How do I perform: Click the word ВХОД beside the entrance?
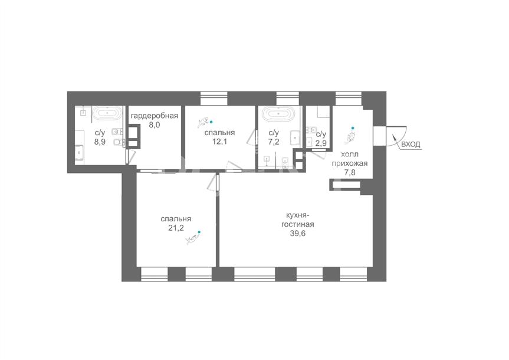(x=411, y=144)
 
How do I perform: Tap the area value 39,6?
(x=298, y=233)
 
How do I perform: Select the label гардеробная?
(x=154, y=116)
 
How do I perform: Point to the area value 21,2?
(x=176, y=228)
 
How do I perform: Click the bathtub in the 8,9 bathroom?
(x=107, y=113)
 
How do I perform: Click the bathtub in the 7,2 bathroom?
(x=278, y=113)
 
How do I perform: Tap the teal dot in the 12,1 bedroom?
(x=211, y=122)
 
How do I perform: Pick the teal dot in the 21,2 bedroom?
(x=199, y=232)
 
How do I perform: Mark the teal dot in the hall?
(x=353, y=128)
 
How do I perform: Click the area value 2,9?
(x=321, y=143)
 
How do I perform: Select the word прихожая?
(x=350, y=163)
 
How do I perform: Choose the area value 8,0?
(x=154, y=125)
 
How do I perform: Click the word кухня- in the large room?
(x=297, y=215)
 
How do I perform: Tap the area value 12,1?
(x=219, y=142)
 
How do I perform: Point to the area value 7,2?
(x=274, y=142)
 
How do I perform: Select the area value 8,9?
(x=100, y=142)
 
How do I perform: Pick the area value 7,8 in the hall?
(x=350, y=172)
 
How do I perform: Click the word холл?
(x=350, y=155)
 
